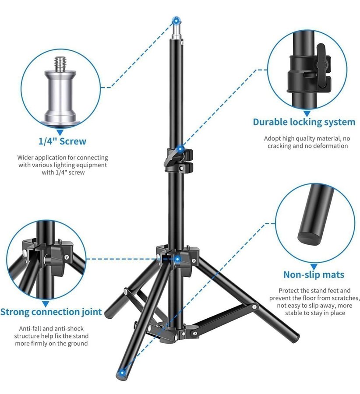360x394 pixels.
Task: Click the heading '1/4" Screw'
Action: click(x=62, y=141)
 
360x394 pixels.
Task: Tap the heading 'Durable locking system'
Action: click(x=304, y=122)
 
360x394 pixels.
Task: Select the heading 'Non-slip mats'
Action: click(x=314, y=274)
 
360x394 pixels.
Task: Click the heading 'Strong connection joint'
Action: click(x=51, y=312)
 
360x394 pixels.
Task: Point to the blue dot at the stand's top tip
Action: click(x=176, y=20)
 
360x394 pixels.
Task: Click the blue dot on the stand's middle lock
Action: click(x=180, y=150)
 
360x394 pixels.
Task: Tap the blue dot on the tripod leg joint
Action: click(x=177, y=259)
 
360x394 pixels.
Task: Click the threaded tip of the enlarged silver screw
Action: click(x=60, y=63)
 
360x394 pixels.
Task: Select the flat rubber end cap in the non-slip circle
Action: click(x=310, y=237)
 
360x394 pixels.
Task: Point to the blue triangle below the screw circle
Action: click(x=60, y=132)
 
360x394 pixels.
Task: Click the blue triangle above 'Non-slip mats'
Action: click(x=314, y=267)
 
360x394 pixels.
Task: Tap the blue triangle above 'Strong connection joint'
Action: click(x=46, y=304)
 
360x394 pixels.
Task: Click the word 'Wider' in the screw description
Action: click(x=25, y=158)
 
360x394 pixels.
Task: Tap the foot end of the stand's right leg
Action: click(x=293, y=335)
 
